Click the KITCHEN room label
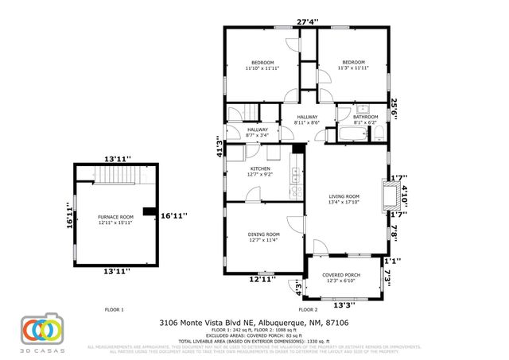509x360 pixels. coord(261,169)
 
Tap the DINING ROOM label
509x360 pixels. coord(263,234)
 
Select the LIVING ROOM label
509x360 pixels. coord(344,196)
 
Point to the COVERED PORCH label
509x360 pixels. coord(340,275)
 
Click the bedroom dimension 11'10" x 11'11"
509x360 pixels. coord(262,69)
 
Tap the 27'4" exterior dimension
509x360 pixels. coord(307,21)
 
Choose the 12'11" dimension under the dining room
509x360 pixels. coord(262,279)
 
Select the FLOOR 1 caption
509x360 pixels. coord(115,309)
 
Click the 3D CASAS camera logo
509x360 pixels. coord(42,331)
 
